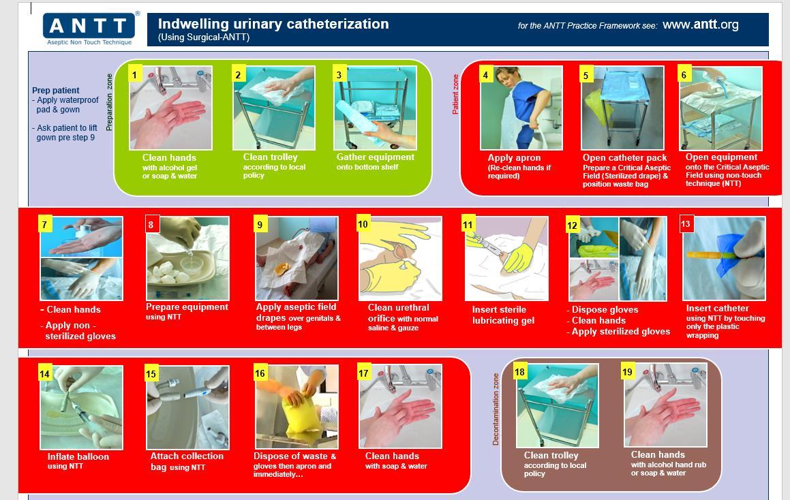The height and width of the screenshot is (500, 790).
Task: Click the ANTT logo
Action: [89, 29]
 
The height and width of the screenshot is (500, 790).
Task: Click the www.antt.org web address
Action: [700, 25]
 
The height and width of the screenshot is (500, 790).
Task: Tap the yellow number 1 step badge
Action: [134, 75]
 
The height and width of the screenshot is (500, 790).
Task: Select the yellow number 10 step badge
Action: [363, 224]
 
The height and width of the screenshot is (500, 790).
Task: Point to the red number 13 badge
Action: [686, 224]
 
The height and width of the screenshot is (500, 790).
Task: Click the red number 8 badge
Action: [151, 225]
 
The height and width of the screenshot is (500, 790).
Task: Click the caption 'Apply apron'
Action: [514, 157]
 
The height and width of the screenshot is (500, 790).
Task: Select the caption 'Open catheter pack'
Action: [625, 157]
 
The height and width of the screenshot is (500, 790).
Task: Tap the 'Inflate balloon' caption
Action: [78, 456]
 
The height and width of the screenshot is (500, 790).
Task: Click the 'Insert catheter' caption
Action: [718, 308]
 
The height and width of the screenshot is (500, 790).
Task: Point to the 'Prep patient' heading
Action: [55, 91]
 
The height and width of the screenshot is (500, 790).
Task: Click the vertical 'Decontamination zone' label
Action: [496, 409]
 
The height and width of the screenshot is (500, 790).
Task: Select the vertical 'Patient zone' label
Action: [455, 94]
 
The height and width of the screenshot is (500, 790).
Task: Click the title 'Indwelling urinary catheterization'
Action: [273, 24]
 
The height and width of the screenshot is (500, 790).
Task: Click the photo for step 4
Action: [521, 108]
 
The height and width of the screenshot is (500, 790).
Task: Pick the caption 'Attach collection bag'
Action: [187, 461]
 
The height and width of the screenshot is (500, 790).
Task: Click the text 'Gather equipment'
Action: [376, 157]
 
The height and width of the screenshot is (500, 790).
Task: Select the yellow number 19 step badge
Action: [627, 372]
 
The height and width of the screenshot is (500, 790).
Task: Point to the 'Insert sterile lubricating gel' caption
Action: [503, 315]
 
